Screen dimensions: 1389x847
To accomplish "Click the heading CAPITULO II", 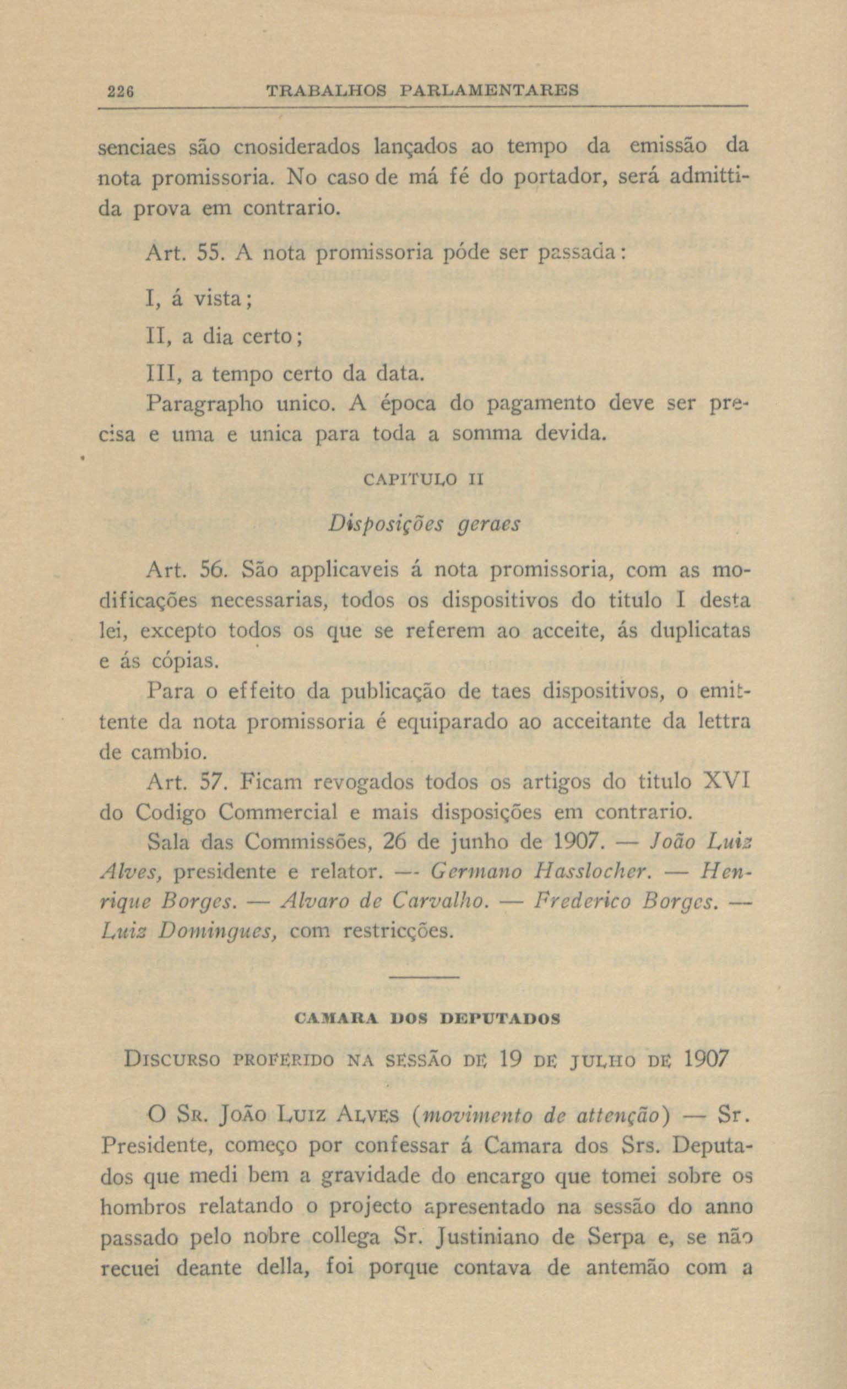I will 423,480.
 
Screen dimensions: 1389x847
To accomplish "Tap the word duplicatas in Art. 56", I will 701,630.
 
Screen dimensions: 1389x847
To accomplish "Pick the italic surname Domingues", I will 216,932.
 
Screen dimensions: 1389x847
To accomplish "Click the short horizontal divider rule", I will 424,977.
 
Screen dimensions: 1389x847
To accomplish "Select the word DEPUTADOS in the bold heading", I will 500,1019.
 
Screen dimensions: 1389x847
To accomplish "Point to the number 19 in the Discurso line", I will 513,1060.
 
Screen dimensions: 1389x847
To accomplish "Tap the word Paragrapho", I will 204,404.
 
